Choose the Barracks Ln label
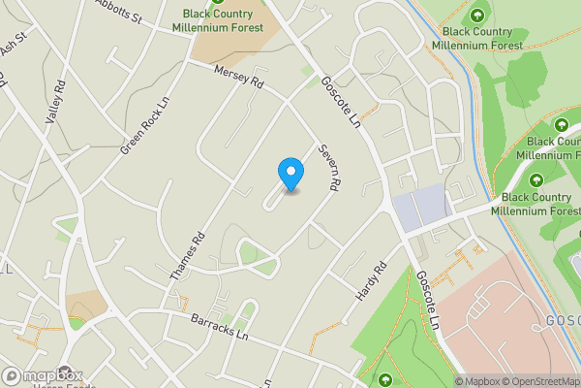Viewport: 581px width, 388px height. point(217,326)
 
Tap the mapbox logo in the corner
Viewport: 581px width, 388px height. point(43,375)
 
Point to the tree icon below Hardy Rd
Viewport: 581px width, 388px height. point(386,379)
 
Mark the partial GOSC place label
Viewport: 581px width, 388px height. point(562,321)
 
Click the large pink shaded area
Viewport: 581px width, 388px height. point(504,320)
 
